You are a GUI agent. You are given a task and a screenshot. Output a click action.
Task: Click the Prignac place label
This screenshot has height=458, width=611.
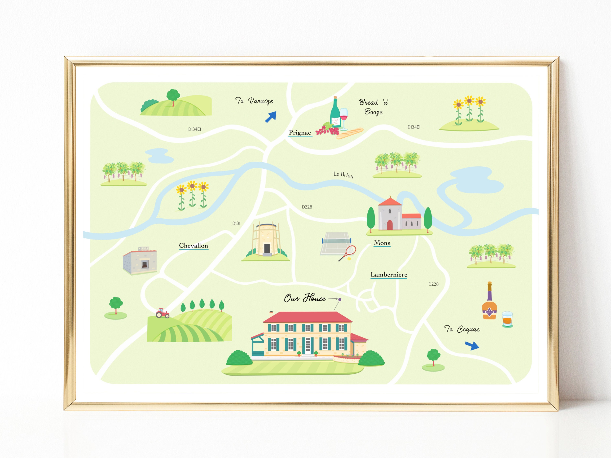coord(300,133)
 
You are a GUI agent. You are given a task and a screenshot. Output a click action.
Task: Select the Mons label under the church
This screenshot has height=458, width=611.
coord(382,243)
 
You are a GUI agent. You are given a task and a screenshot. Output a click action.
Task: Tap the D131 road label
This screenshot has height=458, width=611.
coord(236,223)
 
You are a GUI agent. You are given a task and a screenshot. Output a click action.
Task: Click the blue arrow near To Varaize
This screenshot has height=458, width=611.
coord(271,117)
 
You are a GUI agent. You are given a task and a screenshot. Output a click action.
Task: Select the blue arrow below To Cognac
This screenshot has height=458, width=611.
coord(472,345)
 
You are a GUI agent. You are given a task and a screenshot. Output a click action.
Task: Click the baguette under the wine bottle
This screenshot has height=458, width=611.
coord(350,133)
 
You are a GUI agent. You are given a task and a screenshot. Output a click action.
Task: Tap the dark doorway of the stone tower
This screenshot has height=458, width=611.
coord(267,249)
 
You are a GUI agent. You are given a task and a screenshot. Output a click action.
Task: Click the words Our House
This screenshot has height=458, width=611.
coord(305,298)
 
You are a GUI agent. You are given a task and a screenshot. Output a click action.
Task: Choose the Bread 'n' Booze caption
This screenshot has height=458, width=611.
coord(374,107)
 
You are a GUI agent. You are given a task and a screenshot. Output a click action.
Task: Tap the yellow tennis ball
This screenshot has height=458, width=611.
coord(349,259)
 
